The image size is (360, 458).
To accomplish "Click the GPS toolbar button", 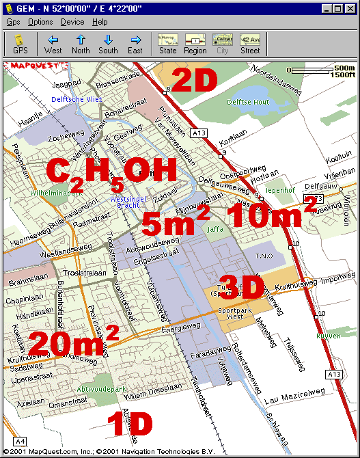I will (x=20, y=43).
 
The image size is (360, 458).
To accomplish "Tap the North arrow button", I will (x=81, y=43).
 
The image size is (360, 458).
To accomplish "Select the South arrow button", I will (x=108, y=43).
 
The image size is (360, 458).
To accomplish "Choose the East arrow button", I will (x=135, y=43).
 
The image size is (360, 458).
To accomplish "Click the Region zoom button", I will (x=195, y=43).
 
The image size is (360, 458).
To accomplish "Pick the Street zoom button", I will (x=250, y=43).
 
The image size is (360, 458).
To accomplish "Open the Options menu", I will (x=40, y=22).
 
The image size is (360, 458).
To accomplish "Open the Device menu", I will (x=72, y=22).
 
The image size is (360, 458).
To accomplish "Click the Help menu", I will (x=100, y=22).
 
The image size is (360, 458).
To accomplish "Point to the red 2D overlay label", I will (x=193, y=80).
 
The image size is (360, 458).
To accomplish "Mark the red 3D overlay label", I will (x=241, y=287).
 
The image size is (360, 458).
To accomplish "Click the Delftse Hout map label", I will (x=248, y=102).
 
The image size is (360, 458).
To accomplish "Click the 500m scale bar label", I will (x=344, y=68).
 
